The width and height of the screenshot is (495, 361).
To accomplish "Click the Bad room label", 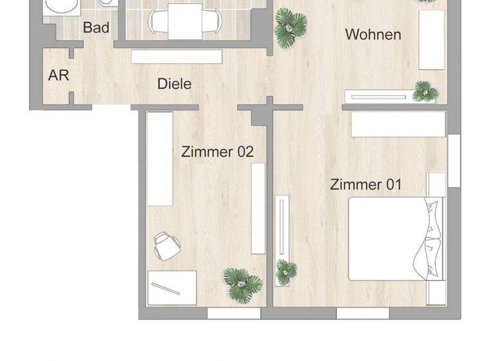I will click(96, 28).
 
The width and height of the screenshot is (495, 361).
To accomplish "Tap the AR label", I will click(59, 75).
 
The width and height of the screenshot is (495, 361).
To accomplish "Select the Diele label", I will click(175, 84).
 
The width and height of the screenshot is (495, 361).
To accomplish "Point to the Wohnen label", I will click(373, 34).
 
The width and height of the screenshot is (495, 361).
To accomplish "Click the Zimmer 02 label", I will click(217, 152).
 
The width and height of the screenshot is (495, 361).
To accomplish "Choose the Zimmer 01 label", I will click(365, 184).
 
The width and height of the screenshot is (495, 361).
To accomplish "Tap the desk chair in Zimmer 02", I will click(168, 246).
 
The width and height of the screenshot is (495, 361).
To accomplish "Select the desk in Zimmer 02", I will click(172, 288).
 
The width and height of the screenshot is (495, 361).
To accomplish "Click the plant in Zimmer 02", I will click(242, 284).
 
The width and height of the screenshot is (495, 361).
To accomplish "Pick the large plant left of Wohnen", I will click(290, 28).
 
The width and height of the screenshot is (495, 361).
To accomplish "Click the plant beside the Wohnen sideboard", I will click(425, 91).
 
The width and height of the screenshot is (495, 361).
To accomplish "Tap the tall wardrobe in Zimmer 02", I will click(160, 159).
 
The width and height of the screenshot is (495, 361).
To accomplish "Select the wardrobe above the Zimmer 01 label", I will click(398, 124).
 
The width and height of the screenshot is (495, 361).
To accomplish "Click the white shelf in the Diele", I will click(177, 57).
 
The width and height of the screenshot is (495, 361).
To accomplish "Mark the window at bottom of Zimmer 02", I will click(233, 313).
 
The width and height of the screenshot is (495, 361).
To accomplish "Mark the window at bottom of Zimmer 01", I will click(363, 313).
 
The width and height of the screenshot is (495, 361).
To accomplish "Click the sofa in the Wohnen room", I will click(432, 40).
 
